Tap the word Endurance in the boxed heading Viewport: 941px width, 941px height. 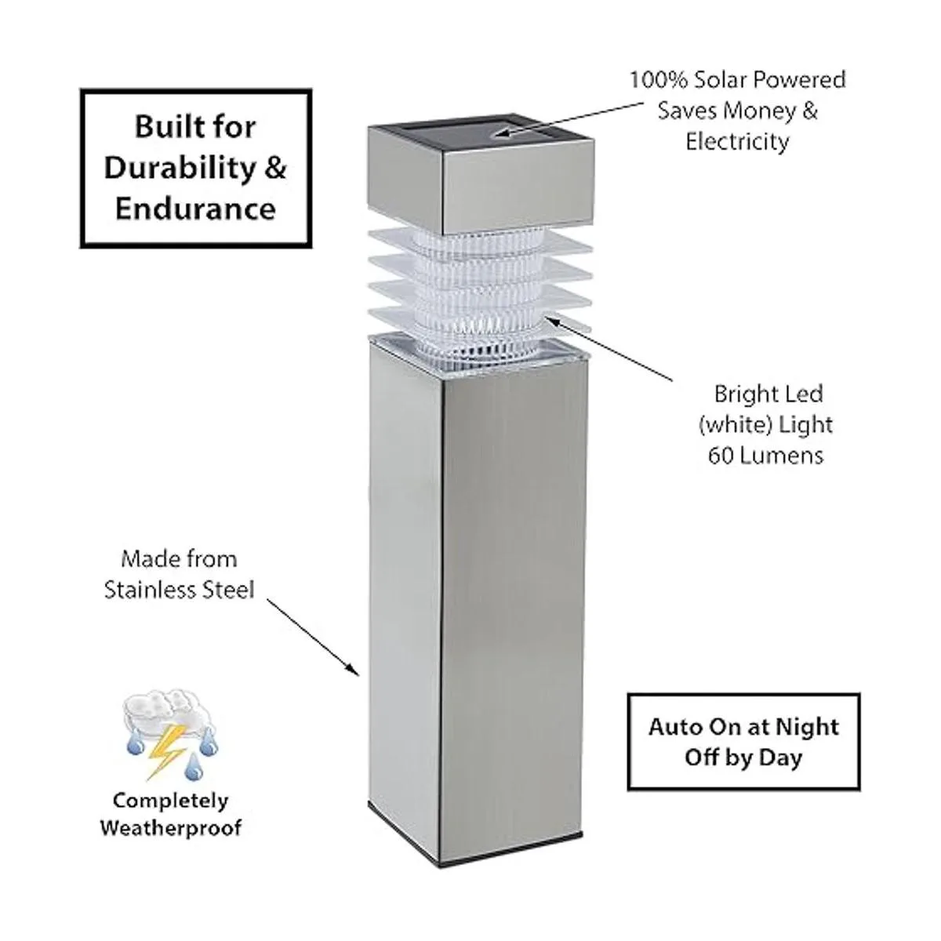point(196,209)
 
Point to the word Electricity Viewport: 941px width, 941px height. point(737,142)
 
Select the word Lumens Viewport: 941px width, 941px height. point(782,456)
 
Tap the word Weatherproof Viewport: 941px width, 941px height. point(171,827)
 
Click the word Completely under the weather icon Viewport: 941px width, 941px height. point(171,801)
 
